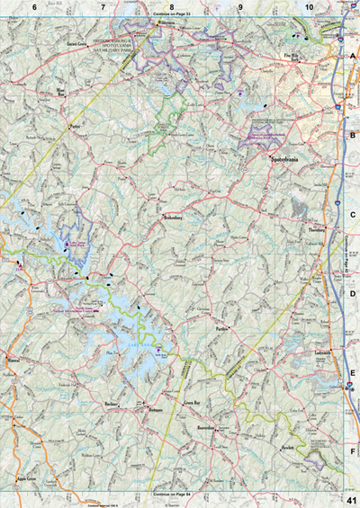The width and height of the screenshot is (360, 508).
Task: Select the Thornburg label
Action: (317, 228)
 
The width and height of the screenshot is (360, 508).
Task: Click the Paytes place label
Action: (75, 127)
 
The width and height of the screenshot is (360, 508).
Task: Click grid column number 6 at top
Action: (34, 7)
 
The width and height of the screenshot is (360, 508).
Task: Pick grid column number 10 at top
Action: (309, 7)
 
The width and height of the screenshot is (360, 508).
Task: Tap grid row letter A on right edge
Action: (353, 56)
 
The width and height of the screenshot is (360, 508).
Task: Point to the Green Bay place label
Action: (190, 406)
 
